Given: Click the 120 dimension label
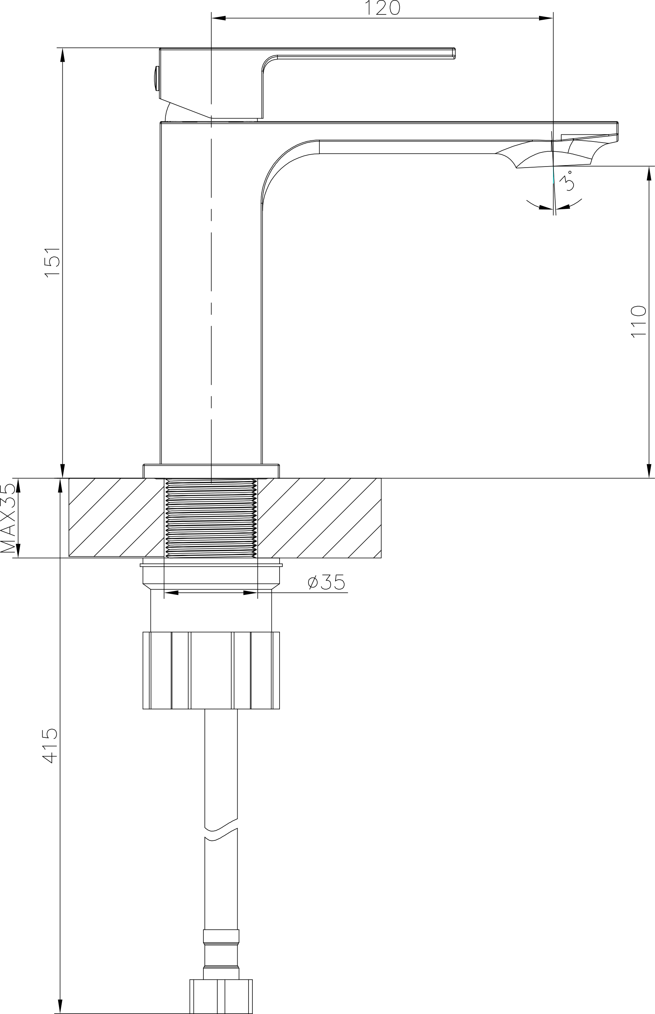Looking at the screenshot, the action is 383,8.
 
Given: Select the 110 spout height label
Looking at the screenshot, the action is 638,321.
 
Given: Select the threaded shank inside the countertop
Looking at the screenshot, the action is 211,518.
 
